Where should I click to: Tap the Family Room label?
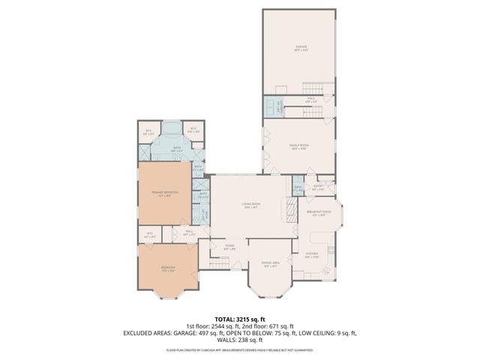[x=299, y=146]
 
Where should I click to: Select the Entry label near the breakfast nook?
[x=317, y=187]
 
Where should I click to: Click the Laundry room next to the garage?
[x=275, y=106]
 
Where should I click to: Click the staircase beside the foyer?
[x=218, y=262]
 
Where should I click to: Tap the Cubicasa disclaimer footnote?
[x=240, y=350]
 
